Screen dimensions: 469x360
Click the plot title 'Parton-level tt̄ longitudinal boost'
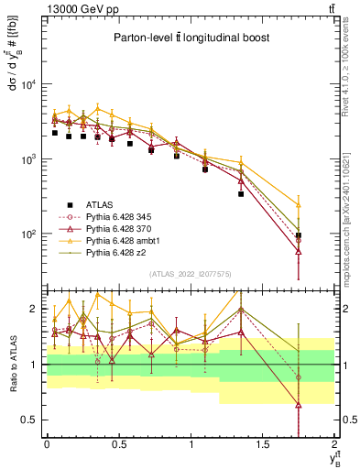pyautogui.click(x=190, y=38)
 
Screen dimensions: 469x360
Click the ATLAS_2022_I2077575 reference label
pyautogui.click(x=190, y=274)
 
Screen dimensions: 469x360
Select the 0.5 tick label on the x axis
pyautogui.click(x=118, y=444)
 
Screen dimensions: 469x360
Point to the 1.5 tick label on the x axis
pyautogui.click(x=263, y=444)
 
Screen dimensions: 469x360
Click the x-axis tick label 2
pyautogui.click(x=335, y=444)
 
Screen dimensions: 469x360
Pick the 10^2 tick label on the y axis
pyautogui.click(x=27, y=234)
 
